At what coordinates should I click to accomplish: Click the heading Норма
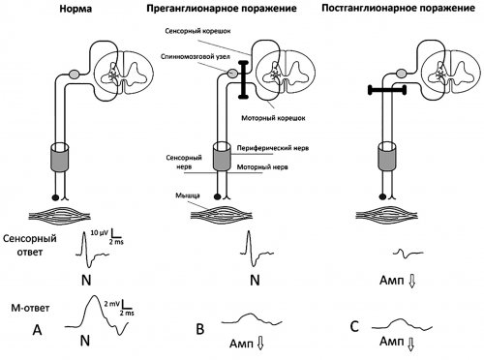pos(76,9)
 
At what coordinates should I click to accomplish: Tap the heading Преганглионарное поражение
pos(222,9)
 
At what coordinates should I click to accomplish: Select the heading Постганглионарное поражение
pos(398,8)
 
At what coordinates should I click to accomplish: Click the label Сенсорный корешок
pos(197,31)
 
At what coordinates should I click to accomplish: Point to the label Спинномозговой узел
pos(196,57)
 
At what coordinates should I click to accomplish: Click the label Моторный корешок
pos(273,118)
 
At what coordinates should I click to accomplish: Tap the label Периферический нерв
pos(273,148)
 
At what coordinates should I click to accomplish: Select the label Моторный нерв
pos(262,167)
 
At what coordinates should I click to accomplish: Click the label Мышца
pos(188,195)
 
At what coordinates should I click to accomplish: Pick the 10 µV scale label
pos(99,232)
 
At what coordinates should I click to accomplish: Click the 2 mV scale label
pos(111,304)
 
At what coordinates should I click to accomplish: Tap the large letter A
pos(38,330)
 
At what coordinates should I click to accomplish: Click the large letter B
pos(200,329)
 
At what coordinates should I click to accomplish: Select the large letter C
pos(354,327)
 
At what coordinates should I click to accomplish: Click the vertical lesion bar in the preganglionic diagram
pos(243,78)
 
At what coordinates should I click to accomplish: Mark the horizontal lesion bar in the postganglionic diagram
pos(387,90)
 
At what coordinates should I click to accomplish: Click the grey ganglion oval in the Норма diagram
pos(75,74)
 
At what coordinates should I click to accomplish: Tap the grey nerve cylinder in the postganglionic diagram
pos(386,156)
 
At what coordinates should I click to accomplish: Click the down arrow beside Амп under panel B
pos(260,344)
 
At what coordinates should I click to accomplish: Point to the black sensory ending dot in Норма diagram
pos(55,196)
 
